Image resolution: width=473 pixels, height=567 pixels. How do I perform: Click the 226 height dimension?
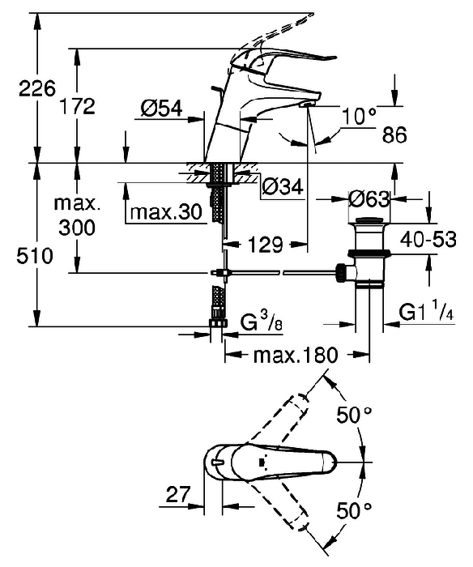click(x=37, y=88)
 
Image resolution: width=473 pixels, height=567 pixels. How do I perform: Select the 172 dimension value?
click(x=77, y=106)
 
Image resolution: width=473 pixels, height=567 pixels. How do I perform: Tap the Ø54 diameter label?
click(x=162, y=108)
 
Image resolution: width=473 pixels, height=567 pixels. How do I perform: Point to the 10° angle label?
click(x=359, y=116)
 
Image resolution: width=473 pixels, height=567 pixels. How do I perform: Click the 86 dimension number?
click(x=394, y=135)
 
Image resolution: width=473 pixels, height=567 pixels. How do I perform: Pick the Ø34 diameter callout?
click(x=283, y=187)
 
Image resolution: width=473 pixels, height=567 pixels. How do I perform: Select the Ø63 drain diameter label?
click(x=369, y=199)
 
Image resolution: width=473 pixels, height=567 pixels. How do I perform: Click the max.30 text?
click(x=166, y=212)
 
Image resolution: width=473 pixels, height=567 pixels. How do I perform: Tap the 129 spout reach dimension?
click(x=265, y=245)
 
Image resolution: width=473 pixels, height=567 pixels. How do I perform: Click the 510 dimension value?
click(x=35, y=256)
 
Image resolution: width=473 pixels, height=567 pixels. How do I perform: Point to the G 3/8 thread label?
click(x=262, y=322)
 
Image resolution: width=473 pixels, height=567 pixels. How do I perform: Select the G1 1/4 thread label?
click(x=426, y=312)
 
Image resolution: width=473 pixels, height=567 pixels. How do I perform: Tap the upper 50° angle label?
click(x=354, y=415)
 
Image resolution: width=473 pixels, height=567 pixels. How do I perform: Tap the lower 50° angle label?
click(x=354, y=510)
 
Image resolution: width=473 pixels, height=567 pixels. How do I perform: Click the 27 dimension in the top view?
click(x=178, y=494)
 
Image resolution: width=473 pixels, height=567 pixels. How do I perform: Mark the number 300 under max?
click(x=77, y=228)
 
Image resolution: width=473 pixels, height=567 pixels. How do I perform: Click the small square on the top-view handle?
click(x=262, y=463)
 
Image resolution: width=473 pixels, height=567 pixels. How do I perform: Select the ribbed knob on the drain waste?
click(x=340, y=272)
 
